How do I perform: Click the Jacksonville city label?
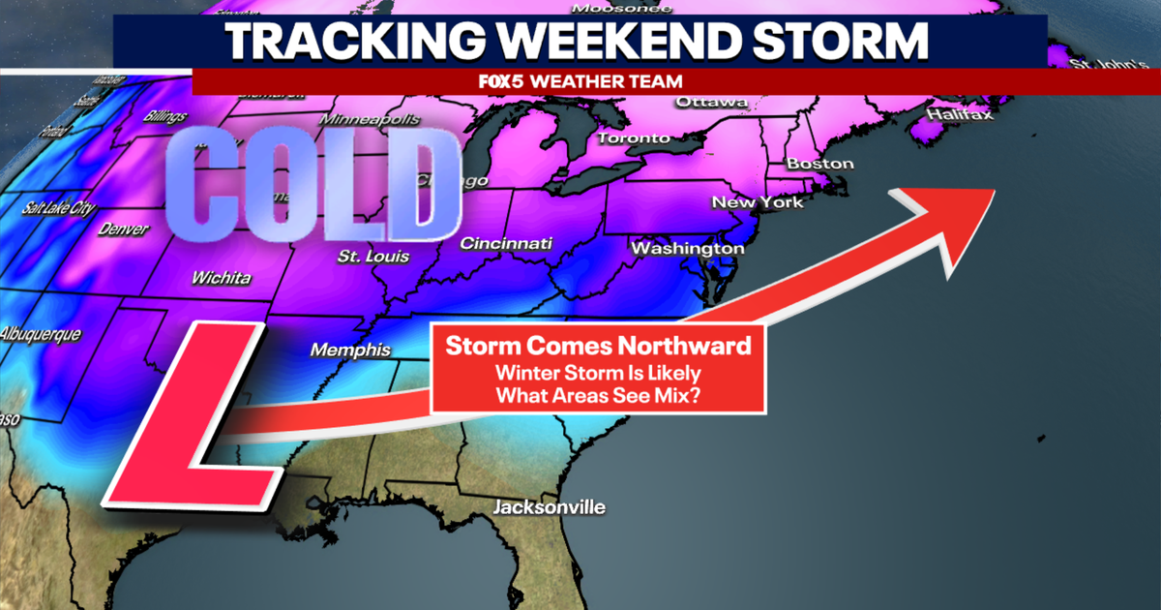point(549,507)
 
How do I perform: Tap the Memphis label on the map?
point(350,351)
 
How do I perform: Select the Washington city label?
point(688,249)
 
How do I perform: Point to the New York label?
point(758,202)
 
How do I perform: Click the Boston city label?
point(820,164)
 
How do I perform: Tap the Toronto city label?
point(634,138)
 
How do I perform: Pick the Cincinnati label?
point(506,243)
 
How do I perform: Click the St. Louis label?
point(373,257)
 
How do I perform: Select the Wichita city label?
point(221,279)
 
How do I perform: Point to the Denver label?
point(123,230)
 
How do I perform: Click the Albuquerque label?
point(41,334)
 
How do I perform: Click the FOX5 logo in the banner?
point(501,82)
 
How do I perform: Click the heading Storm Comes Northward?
point(598,346)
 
